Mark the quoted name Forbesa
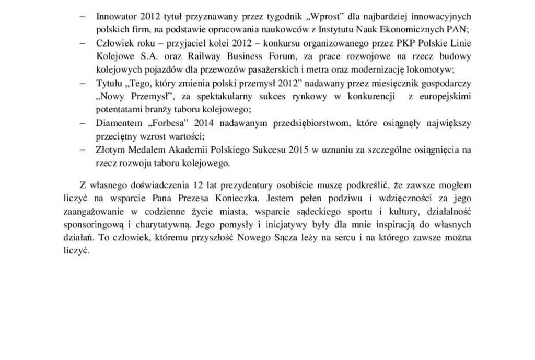tap(166, 124)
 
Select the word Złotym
tap(110, 151)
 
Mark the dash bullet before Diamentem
tap(83, 124)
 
